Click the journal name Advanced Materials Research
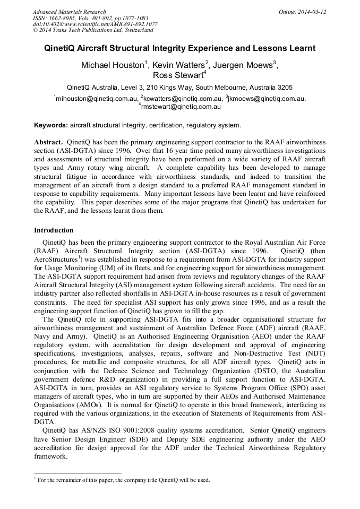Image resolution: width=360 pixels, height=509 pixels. (69, 12)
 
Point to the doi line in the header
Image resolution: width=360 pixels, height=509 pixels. (95, 24)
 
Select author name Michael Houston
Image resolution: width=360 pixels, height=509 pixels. (112, 65)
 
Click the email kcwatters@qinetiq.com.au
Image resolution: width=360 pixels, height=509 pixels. (182, 98)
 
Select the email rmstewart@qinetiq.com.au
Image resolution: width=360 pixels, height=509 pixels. (181, 106)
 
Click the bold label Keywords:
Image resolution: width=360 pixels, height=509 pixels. (51, 126)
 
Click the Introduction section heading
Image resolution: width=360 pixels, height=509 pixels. (54, 230)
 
